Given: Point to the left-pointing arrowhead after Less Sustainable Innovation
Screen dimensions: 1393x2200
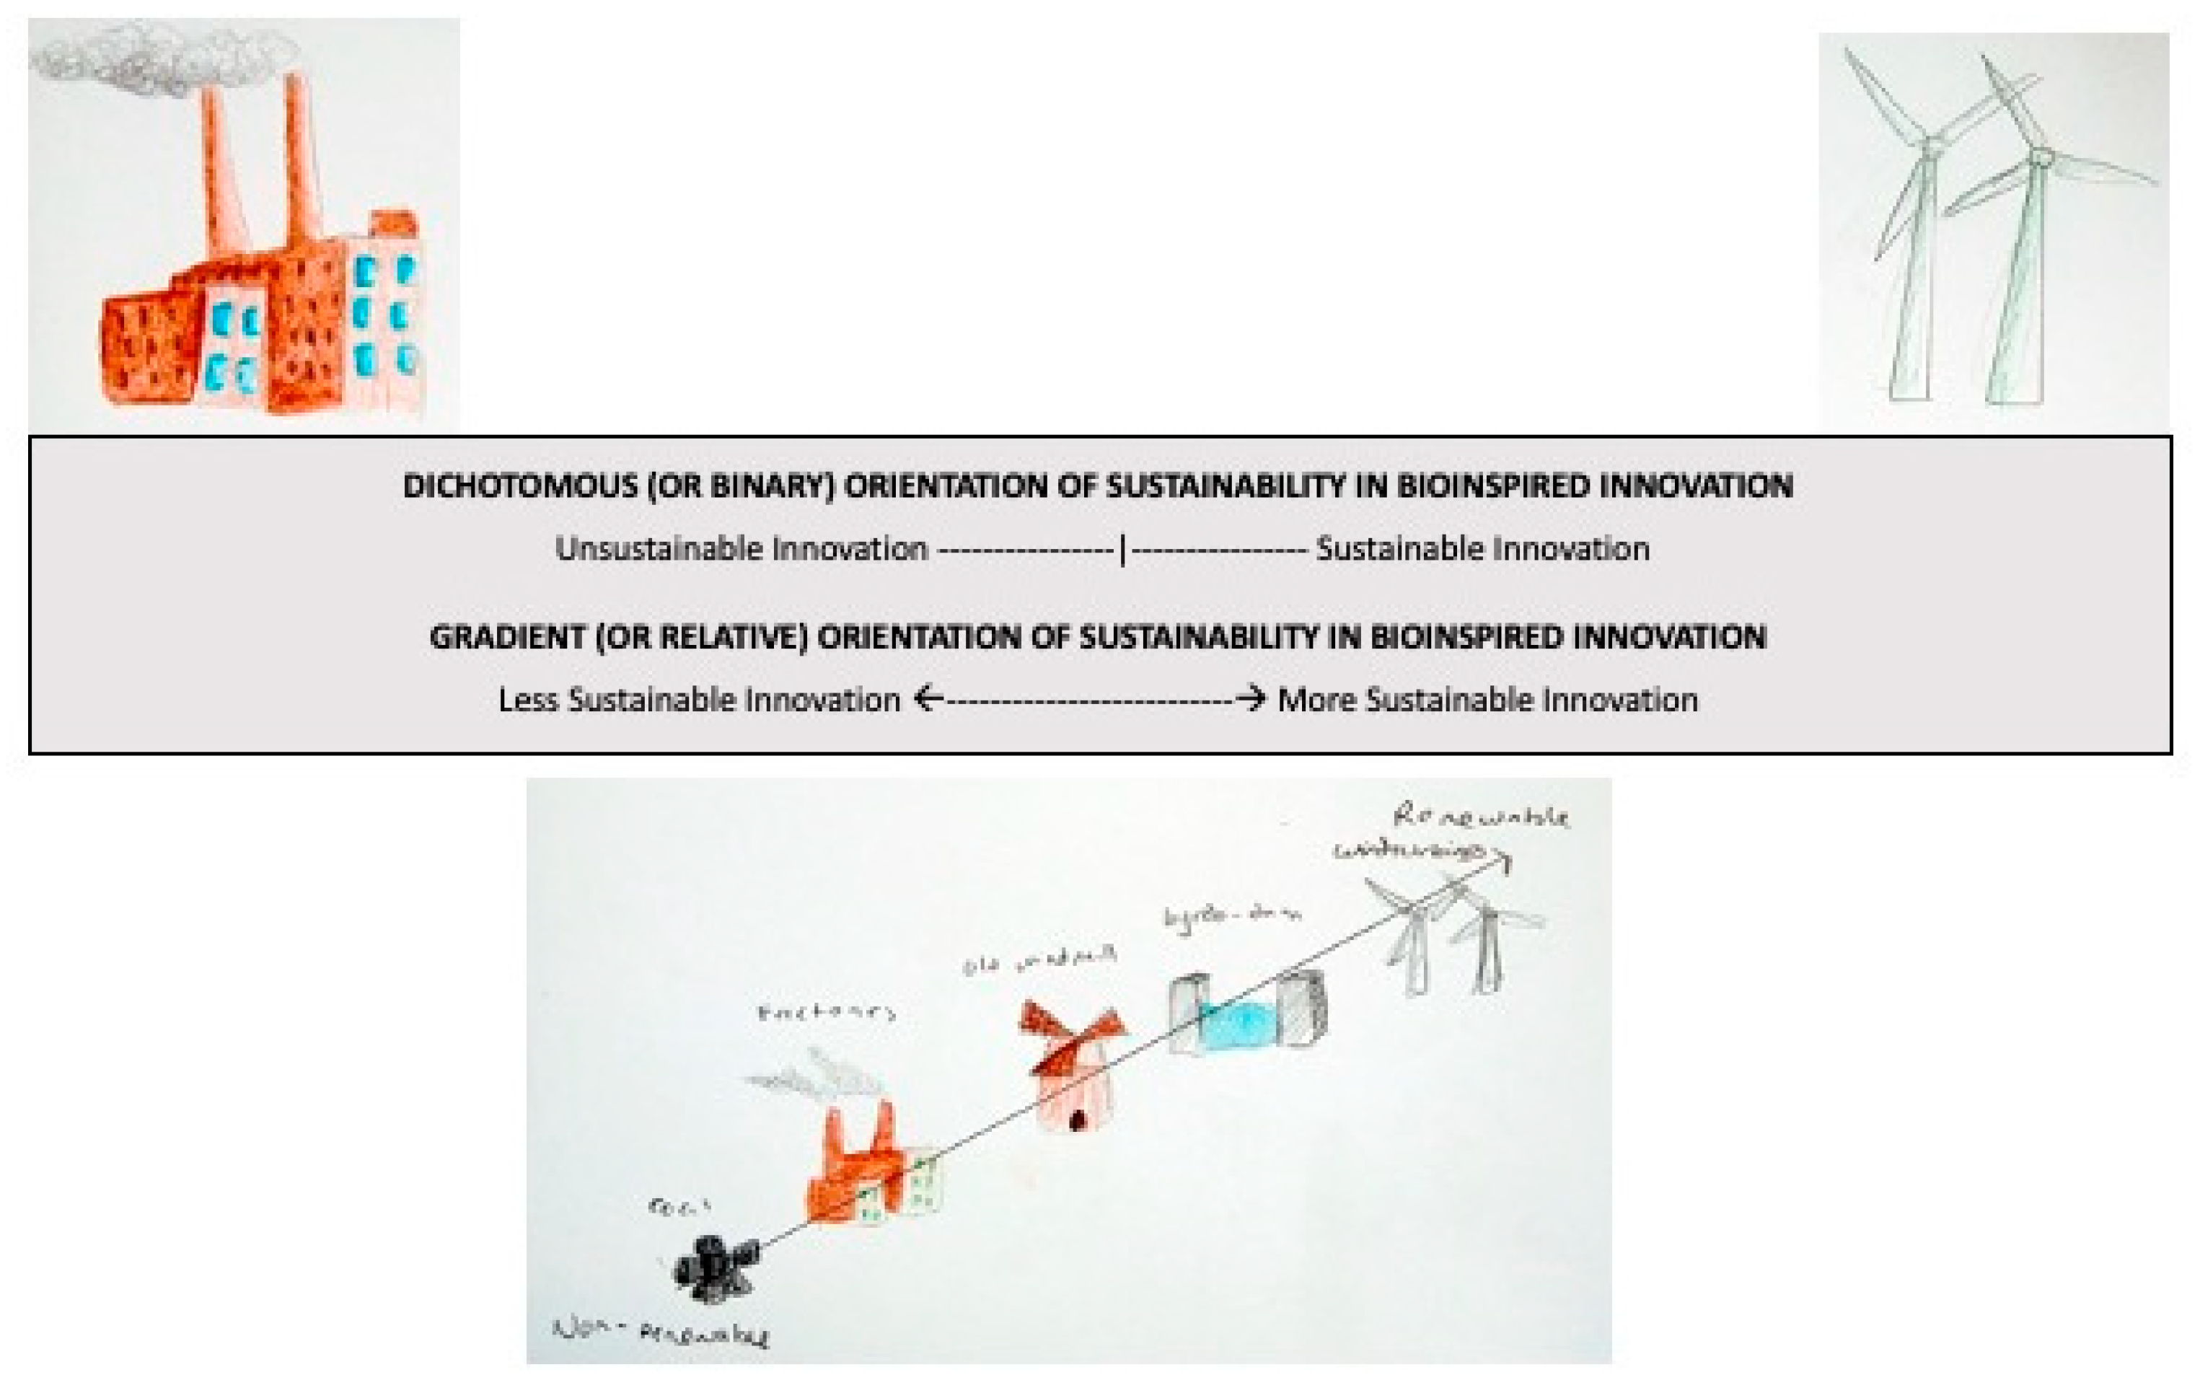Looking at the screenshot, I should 925,699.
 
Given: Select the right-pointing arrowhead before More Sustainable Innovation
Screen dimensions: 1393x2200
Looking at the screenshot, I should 1254,699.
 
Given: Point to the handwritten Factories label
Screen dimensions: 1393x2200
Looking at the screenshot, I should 827,1012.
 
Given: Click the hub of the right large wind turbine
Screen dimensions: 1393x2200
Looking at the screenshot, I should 2041,157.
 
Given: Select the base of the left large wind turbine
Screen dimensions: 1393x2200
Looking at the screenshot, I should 1909,391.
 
